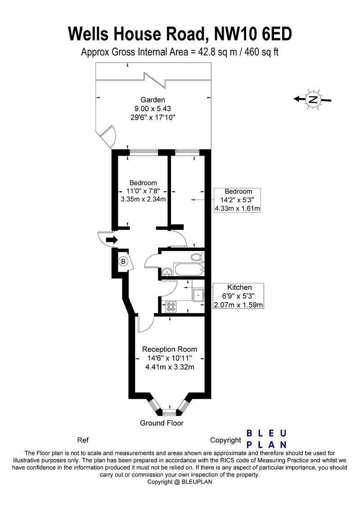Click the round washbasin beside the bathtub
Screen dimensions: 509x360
[166, 271]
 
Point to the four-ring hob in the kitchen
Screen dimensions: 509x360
[171, 306]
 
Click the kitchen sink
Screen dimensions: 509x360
[198, 295]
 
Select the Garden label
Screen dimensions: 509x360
[153, 100]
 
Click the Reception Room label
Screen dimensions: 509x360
[170, 349]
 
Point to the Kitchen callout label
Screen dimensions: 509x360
[239, 287]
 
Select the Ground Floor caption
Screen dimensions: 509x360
[162, 423]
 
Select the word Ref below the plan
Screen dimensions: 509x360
[82, 440]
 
